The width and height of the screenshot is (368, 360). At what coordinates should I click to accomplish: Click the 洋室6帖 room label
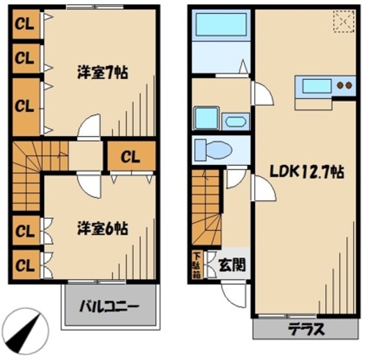102,228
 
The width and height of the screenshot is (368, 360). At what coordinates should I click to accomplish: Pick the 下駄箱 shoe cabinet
197,265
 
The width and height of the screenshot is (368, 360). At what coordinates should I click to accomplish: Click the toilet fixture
213,151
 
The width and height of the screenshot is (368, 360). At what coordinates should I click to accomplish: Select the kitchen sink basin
316,86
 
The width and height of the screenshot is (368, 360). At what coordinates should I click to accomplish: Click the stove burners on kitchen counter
344,86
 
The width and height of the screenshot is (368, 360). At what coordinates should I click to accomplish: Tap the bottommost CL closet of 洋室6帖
24,265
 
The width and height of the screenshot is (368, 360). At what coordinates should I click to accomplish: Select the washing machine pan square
205,118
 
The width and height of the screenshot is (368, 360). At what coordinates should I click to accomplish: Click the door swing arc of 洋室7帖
90,127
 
